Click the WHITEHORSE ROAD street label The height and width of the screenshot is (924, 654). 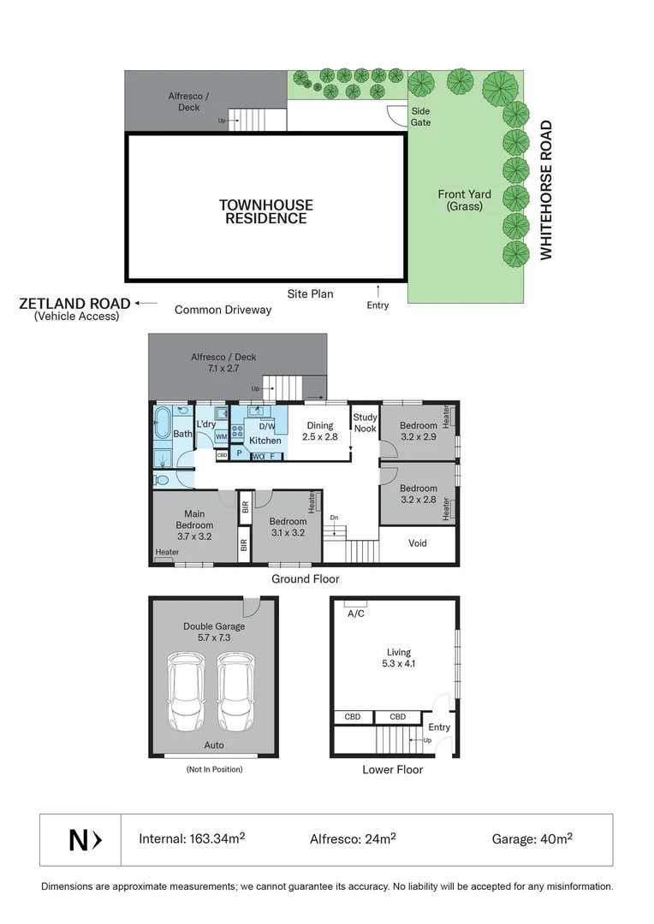[x=546, y=190]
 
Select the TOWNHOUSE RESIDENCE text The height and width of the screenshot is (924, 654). [x=265, y=211]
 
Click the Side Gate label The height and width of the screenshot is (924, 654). [x=420, y=116]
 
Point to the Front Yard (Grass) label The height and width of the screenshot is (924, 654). [x=464, y=200]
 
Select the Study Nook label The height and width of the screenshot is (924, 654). [x=366, y=423]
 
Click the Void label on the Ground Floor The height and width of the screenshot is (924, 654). [x=417, y=543]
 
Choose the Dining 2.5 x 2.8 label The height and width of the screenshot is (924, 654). [x=320, y=431]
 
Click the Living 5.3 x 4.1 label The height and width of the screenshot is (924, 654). [x=392, y=657]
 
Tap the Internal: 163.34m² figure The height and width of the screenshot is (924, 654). [x=192, y=839]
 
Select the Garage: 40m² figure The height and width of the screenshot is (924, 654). [x=532, y=839]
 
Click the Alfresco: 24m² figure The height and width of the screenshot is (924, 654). [x=352, y=839]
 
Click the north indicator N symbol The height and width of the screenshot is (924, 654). [x=85, y=840]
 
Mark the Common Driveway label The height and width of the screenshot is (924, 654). [x=223, y=310]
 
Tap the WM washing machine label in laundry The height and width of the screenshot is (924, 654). [x=221, y=437]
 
